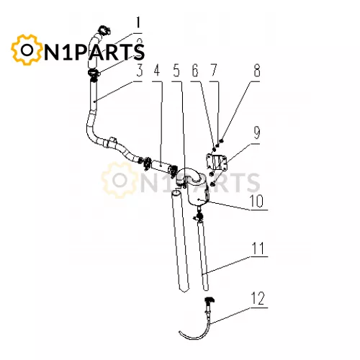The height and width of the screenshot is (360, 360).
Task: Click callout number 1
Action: click(138, 24)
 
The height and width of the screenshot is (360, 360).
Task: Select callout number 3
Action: click(140, 71)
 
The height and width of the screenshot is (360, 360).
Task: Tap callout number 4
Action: click(157, 71)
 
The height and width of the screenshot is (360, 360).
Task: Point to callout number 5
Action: click(176, 71)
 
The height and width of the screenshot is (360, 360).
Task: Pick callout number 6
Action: click(195, 71)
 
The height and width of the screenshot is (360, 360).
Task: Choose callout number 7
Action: click(213, 71)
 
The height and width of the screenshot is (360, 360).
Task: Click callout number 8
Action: click(257, 71)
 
